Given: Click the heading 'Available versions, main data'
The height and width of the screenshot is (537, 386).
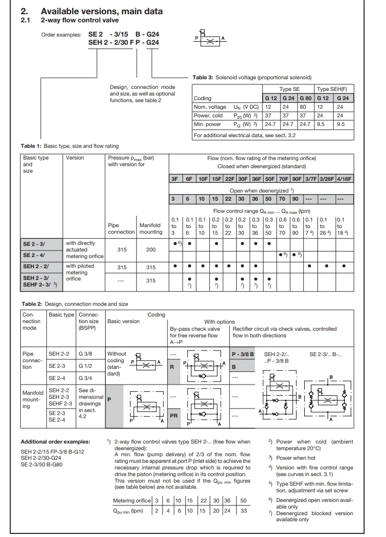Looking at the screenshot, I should click(x=102, y=11).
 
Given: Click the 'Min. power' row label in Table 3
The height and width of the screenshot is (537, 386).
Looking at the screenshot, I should click(x=207, y=124).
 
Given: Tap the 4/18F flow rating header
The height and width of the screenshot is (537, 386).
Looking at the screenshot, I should click(x=344, y=179).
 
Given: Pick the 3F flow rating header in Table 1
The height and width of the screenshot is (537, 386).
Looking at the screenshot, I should click(x=174, y=179).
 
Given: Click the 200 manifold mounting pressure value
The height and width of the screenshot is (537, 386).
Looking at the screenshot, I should click(x=151, y=249).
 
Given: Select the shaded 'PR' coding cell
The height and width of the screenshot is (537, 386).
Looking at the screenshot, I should click(x=174, y=415).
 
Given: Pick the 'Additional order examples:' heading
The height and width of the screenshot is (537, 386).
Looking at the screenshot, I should click(x=55, y=441).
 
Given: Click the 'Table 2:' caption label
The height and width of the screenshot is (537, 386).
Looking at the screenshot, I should click(x=31, y=304).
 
